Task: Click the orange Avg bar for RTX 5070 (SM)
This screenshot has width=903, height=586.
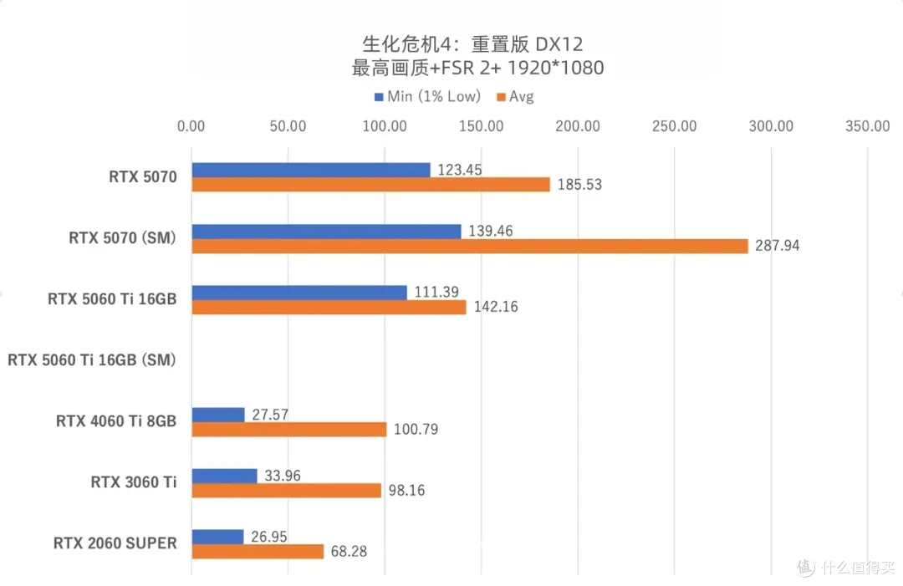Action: [470, 246]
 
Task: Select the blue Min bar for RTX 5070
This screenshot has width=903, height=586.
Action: [311, 170]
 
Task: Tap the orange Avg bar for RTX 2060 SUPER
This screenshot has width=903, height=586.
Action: [258, 552]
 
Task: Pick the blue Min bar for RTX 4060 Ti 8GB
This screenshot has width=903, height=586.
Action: [218, 415]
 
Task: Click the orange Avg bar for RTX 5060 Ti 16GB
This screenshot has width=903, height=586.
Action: [329, 307]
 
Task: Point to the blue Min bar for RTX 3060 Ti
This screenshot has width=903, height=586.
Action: [224, 476]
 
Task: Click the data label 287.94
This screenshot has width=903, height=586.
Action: [777, 246]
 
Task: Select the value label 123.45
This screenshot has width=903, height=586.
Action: [459, 170]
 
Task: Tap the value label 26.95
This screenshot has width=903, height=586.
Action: [270, 537]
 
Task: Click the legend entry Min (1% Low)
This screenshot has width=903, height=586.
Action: [427, 96]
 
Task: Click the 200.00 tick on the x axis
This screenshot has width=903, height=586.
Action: [578, 126]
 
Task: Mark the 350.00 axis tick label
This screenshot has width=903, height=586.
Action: [867, 126]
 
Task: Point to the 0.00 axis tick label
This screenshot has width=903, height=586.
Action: [191, 126]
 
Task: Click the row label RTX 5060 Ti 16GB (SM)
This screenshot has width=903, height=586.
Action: [92, 360]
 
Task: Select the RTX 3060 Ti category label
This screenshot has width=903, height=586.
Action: [134, 482]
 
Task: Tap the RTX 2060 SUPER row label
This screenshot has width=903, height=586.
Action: [115, 543]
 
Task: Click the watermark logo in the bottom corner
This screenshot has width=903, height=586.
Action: [805, 568]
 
